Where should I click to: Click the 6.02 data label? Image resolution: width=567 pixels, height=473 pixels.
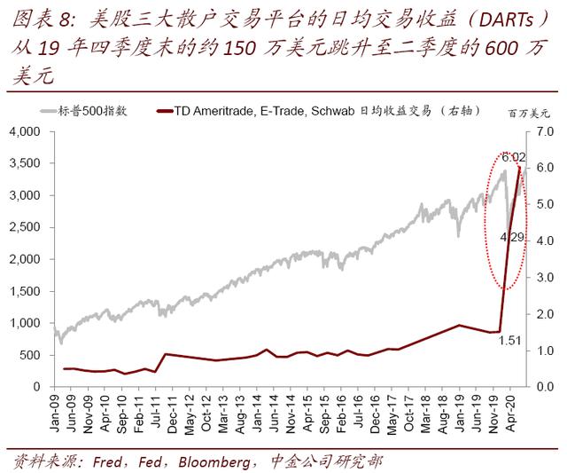click(514, 157)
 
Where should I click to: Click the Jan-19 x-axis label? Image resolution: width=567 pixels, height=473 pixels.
click(460, 414)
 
